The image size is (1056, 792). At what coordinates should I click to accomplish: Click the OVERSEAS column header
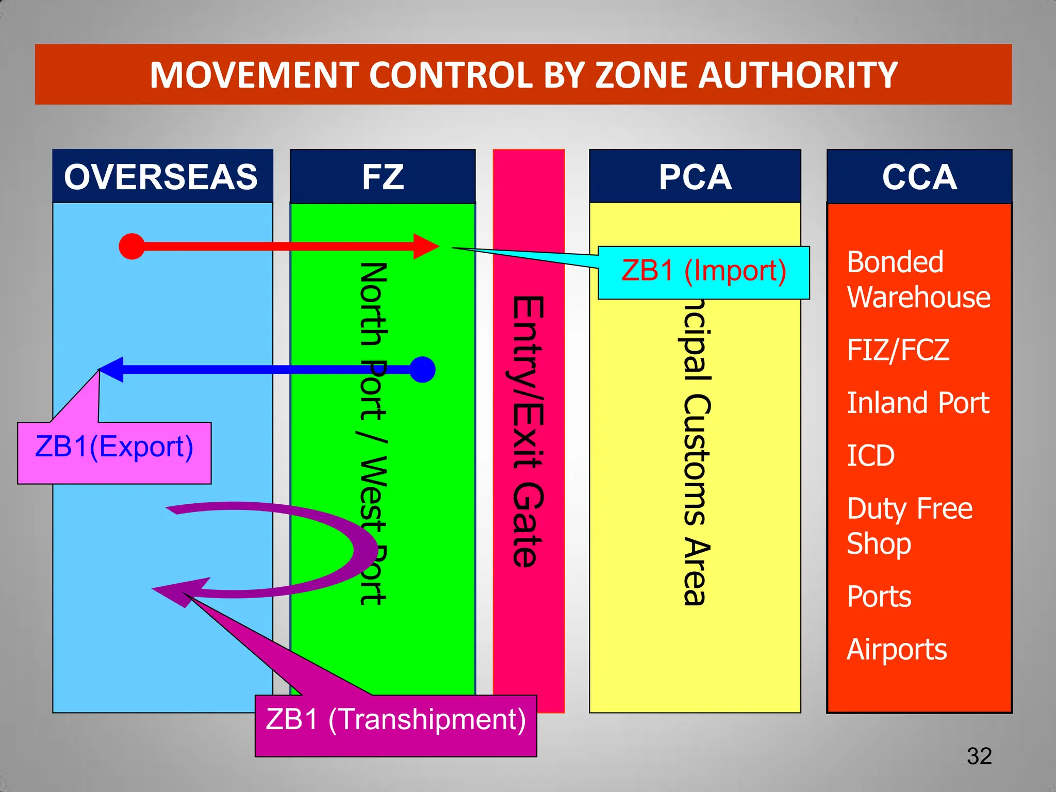click(162, 177)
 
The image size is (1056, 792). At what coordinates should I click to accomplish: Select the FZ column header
click(383, 177)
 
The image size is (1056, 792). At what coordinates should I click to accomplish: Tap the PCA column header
click(695, 177)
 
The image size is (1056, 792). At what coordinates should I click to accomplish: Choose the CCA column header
click(919, 177)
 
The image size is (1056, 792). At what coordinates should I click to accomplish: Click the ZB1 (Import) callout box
click(704, 272)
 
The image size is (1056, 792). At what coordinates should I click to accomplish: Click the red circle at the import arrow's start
click(132, 246)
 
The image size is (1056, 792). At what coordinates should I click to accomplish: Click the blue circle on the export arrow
click(422, 370)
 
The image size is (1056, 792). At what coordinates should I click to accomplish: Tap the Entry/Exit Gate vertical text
click(528, 432)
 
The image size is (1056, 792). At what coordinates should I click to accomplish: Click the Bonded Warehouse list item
click(918, 279)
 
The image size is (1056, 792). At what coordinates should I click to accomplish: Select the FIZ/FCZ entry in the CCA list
click(898, 350)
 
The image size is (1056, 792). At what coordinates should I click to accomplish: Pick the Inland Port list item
click(918, 403)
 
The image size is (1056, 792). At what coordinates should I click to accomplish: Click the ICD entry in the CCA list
click(871, 456)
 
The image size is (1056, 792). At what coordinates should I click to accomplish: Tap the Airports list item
click(897, 650)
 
